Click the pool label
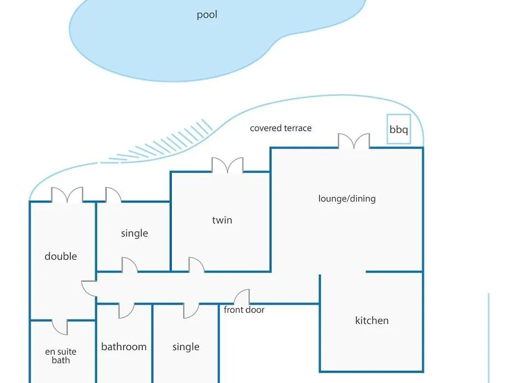(x=207, y=15)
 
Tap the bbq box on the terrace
(x=398, y=129)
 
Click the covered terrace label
(x=281, y=128)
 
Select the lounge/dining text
(x=347, y=199)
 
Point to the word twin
(x=222, y=220)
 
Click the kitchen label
(x=372, y=321)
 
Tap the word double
(x=61, y=256)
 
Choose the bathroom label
(x=124, y=346)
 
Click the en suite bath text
(x=61, y=356)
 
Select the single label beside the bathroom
(x=186, y=347)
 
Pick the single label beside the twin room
(x=134, y=234)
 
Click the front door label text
(x=244, y=310)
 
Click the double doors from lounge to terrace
(x=354, y=141)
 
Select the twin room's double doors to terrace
(x=228, y=165)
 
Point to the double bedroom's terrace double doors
(x=67, y=195)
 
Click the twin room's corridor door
(x=196, y=264)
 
